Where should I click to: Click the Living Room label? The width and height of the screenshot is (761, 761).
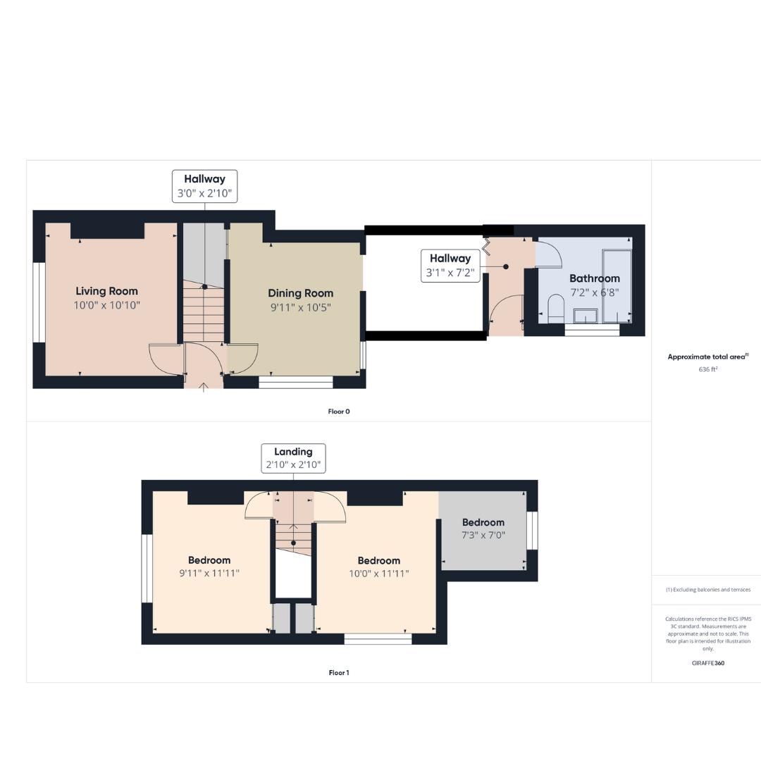coord(106,291)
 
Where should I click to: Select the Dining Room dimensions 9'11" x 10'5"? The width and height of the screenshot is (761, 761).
coord(299,307)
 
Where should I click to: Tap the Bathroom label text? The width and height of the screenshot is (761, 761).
coord(594,278)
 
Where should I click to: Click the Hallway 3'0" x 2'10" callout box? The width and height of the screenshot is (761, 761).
coord(204,186)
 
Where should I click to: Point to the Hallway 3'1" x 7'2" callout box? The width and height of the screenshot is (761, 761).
coord(450,266)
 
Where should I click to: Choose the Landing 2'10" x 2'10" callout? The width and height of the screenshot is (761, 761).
coord(293,458)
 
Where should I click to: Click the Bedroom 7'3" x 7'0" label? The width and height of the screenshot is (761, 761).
coord(483,522)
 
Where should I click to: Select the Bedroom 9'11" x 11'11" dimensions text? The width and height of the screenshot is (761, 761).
coord(209,574)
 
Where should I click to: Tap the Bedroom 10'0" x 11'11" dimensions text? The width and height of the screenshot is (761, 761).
coord(378,574)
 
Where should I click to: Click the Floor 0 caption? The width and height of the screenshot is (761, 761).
coord(339,412)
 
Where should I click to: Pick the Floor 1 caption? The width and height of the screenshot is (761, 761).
coord(339,673)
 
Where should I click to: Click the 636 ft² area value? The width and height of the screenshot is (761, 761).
coord(707,369)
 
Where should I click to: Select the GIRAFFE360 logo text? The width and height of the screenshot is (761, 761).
coord(707,663)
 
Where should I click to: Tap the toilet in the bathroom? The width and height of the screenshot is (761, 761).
coord(556,309)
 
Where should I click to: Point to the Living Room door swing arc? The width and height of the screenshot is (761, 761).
coord(166,359)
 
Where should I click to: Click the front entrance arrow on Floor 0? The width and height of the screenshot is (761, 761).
coord(204,386)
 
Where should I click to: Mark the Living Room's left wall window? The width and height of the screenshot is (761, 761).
coord(39,302)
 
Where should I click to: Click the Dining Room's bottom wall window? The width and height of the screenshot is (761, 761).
coord(296,382)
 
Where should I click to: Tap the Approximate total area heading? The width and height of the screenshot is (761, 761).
coord(707,357)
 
